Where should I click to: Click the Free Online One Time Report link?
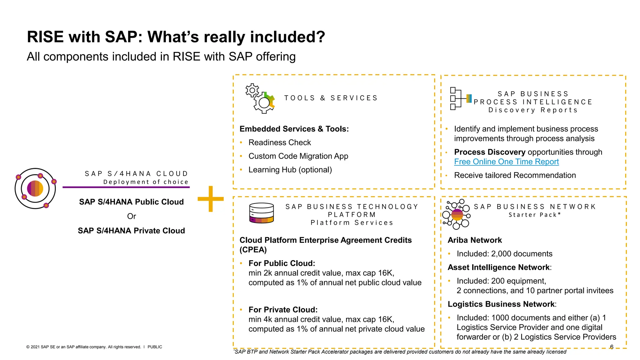[506, 162]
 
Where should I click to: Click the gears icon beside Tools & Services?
[260, 98]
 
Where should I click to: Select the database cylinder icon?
[262, 213]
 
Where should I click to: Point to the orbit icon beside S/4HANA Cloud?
[35, 188]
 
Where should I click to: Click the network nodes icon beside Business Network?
[457, 214]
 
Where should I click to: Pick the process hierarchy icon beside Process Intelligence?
[459, 98]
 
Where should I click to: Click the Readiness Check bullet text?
[280, 142]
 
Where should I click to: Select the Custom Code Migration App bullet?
[298, 156]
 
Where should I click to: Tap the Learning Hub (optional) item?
[290, 170]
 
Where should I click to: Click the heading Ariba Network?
[474, 240]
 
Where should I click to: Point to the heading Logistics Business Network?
[501, 304]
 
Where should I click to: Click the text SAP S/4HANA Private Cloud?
[131, 231]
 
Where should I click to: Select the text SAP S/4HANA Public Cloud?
[131, 202]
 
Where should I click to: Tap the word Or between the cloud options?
[132, 216]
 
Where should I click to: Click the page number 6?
[612, 347]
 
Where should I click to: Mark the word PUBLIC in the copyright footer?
[155, 347]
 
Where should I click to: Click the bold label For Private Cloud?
[283, 310]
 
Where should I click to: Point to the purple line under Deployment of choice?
[126, 187]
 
